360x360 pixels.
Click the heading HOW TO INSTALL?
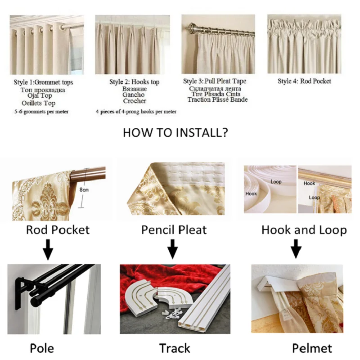pyautogui.click(x=175, y=133)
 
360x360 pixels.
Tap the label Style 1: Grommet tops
pyautogui.click(x=43, y=82)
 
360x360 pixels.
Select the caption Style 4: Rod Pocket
pyautogui.click(x=304, y=81)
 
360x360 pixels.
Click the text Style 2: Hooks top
pyautogui.click(x=134, y=82)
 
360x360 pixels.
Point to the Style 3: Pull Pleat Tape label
pyautogui.click(x=215, y=81)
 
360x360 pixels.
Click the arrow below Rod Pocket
pyautogui.click(x=48, y=250)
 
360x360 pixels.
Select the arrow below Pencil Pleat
pyautogui.click(x=172, y=249)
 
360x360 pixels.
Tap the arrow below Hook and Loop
pyautogui.click(x=296, y=249)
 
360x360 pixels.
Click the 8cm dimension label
pyautogui.click(x=84, y=190)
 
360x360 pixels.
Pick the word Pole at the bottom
pyautogui.click(x=42, y=348)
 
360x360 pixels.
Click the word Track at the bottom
pyautogui.click(x=175, y=348)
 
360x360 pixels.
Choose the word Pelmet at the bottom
pyautogui.click(x=312, y=348)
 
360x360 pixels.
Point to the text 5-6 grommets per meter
pyautogui.click(x=41, y=112)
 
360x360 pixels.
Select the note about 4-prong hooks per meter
pyautogui.click(x=136, y=112)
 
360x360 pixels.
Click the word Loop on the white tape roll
pyautogui.click(x=276, y=182)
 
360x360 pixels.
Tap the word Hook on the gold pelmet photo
pyautogui.click(x=309, y=183)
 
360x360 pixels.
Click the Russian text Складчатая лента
pyautogui.click(x=215, y=89)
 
